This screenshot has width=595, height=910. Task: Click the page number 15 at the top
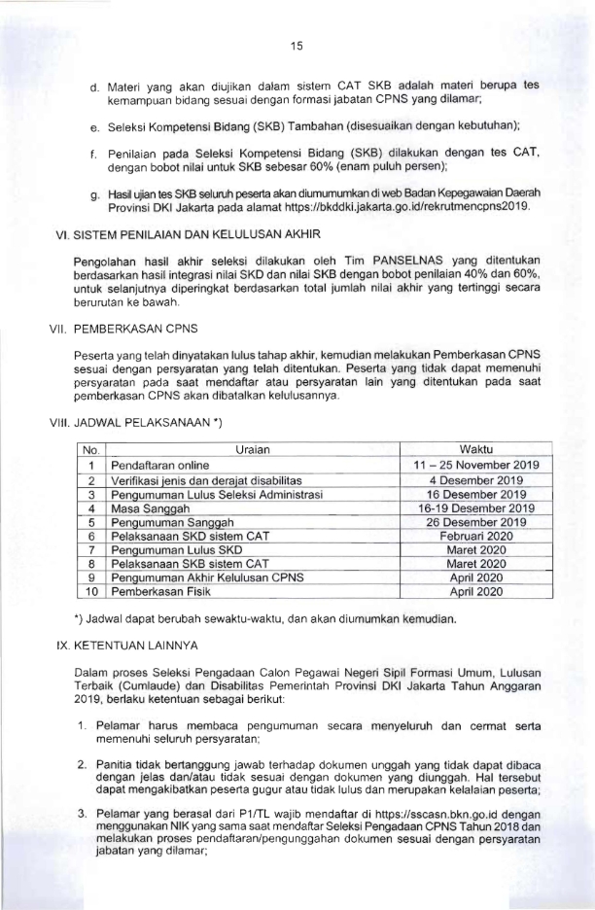pos(297,45)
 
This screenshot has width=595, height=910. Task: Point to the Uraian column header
pos(253,449)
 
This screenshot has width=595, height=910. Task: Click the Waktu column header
pos(476,449)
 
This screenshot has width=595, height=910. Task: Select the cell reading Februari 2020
pos(476,536)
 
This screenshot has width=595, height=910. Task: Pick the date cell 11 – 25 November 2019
pos(476,465)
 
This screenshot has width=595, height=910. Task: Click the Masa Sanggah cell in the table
pos(151,507)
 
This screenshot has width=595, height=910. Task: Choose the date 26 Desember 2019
pos(476,522)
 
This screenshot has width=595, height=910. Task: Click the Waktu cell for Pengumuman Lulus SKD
pos(476,550)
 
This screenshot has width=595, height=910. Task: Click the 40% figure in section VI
pos(496,275)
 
